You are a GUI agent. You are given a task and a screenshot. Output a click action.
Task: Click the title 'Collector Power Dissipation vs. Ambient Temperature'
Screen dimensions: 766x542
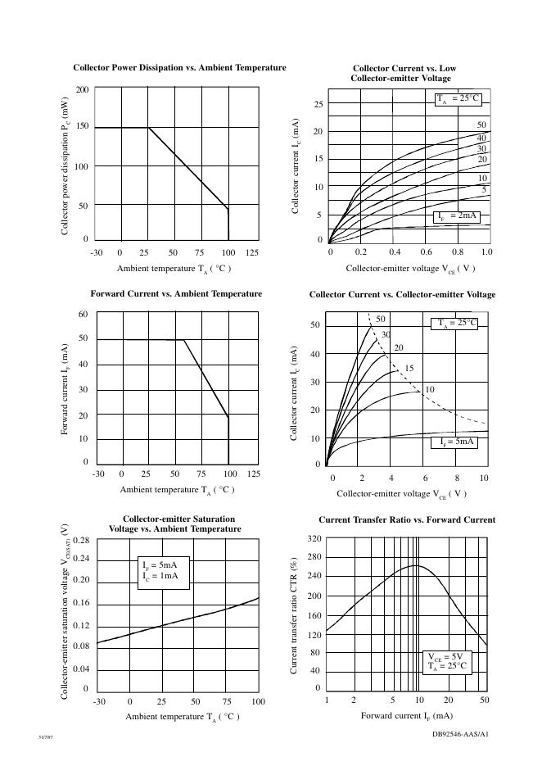(x=179, y=67)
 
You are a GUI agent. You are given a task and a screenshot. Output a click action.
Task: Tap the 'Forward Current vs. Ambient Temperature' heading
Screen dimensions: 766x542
(x=176, y=293)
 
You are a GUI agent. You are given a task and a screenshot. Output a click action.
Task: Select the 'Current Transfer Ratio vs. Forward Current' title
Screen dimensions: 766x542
(x=406, y=519)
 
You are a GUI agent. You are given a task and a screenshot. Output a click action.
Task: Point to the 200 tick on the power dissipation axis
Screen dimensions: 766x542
(x=83, y=88)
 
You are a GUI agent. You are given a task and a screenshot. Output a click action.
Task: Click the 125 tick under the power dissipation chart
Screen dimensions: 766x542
(x=251, y=253)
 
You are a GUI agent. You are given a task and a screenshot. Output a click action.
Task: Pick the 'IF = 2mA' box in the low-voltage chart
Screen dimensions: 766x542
(x=456, y=215)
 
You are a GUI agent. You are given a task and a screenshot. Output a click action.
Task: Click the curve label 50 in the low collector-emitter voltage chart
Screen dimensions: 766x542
(x=482, y=125)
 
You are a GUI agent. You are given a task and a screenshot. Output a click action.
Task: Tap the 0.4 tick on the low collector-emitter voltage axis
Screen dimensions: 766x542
(x=394, y=253)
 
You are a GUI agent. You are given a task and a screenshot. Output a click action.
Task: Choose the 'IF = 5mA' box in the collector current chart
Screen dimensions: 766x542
(x=453, y=442)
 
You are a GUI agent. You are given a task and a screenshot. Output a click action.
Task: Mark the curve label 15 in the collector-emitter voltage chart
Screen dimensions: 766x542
(x=410, y=369)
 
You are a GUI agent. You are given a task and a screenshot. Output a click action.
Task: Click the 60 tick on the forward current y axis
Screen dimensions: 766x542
(x=83, y=315)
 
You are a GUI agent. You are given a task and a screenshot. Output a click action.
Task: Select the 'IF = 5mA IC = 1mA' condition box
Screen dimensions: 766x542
(x=165, y=571)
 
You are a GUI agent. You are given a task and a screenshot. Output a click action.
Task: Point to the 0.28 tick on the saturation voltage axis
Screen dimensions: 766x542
(x=81, y=541)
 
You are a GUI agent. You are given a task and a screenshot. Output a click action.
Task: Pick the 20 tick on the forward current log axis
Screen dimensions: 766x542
(x=449, y=700)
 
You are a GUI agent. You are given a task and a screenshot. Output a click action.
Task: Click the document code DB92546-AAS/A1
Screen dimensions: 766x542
(x=460, y=734)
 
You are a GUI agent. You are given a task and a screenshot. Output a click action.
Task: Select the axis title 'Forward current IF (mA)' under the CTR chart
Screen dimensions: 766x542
(x=406, y=716)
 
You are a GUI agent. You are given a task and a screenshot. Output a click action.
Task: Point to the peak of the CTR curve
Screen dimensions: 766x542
(x=416, y=565)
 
